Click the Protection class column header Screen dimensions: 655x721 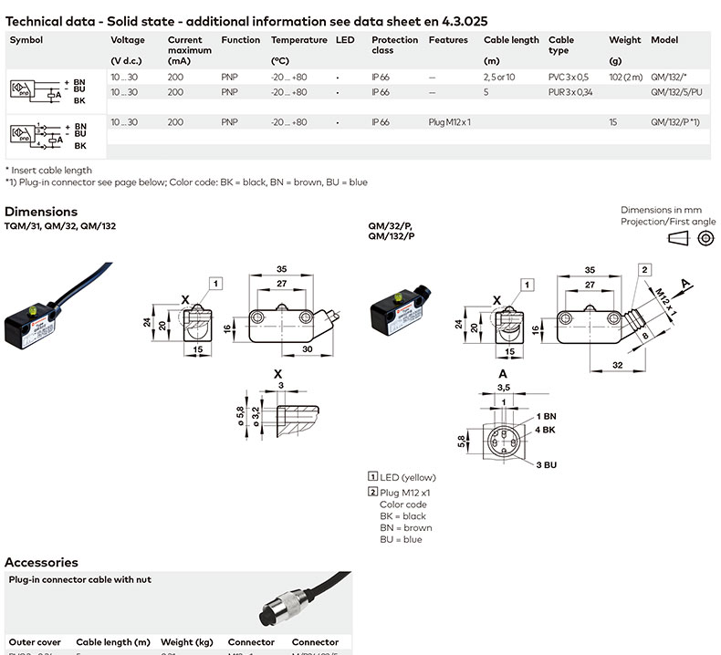(394, 45)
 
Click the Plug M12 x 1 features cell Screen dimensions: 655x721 (449, 122)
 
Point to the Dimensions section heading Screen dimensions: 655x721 (41, 212)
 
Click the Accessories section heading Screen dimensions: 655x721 (41, 562)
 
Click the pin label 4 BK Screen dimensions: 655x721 (546, 429)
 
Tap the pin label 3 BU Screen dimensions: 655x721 (546, 464)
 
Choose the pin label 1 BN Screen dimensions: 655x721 (546, 416)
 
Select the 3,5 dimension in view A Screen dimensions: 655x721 (502, 388)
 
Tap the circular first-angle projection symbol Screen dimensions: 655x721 (705, 239)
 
